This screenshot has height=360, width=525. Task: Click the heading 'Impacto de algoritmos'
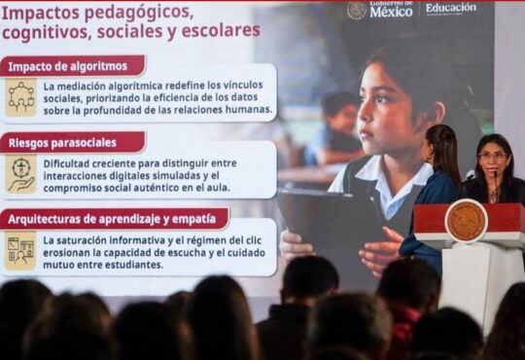(68, 66)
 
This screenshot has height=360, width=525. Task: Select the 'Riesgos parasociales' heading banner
(72, 142)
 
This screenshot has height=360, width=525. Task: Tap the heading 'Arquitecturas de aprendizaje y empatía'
(112, 219)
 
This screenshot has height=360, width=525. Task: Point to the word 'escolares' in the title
(221, 30)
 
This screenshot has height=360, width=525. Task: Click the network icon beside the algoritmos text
(20, 97)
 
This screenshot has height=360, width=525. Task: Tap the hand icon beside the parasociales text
(20, 174)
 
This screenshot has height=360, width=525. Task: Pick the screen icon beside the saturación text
(20, 251)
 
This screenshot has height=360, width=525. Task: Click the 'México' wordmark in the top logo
(391, 12)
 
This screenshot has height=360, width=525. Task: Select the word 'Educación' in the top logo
(451, 8)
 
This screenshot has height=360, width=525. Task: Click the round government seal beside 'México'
(357, 10)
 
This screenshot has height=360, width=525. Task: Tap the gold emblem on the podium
(466, 221)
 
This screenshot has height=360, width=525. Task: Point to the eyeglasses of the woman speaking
(492, 156)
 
